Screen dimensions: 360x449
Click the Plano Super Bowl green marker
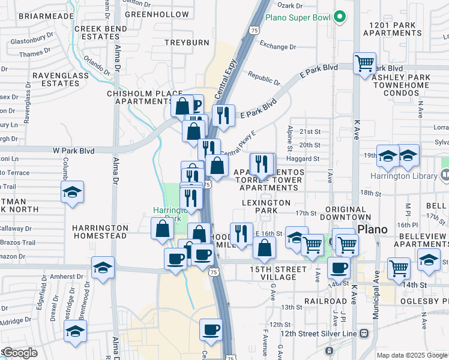(x=340, y=17)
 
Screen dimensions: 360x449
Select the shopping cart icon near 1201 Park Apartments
(x=364, y=63)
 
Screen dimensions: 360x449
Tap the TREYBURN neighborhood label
(x=187, y=42)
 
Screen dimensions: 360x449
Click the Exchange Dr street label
(x=279, y=46)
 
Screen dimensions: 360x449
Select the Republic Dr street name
(x=264, y=79)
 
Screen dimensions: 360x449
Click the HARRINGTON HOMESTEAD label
(x=100, y=232)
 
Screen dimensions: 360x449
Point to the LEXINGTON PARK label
(x=266, y=207)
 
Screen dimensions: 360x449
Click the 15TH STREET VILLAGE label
(x=274, y=273)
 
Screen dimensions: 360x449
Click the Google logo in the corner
(x=20, y=353)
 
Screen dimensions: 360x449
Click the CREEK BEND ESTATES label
(x=101, y=32)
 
